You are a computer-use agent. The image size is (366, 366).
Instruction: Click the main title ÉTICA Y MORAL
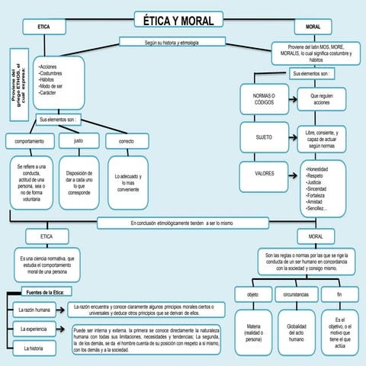(x=179, y=20)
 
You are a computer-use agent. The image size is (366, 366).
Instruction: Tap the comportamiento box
(x=29, y=142)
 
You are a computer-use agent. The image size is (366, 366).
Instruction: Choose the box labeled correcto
(x=127, y=142)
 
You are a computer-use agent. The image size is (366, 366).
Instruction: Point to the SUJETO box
(x=263, y=136)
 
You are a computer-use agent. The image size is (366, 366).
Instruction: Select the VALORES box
(x=265, y=173)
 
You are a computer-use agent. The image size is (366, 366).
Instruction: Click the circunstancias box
(x=296, y=294)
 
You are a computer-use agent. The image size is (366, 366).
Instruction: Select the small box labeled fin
(x=339, y=294)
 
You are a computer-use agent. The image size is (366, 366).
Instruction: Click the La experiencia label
(x=32, y=329)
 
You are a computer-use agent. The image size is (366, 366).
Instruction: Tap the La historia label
(x=32, y=348)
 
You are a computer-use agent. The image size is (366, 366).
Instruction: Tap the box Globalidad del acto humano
(x=296, y=332)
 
